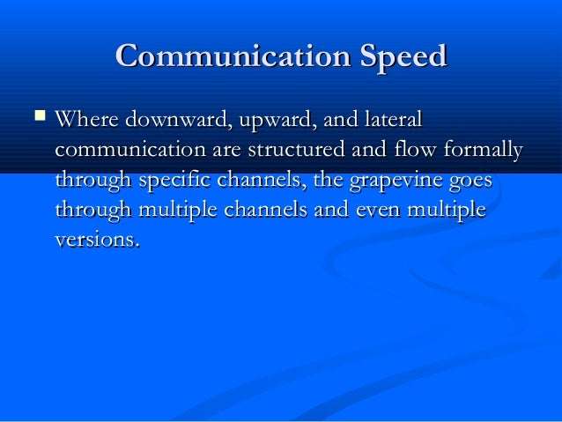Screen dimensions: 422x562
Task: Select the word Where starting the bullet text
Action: pos(85,119)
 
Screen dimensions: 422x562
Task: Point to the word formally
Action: pos(487,150)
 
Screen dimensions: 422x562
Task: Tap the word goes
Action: pos(469,182)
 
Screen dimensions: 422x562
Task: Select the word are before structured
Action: pos(228,150)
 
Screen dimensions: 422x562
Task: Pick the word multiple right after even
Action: pos(446,211)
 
